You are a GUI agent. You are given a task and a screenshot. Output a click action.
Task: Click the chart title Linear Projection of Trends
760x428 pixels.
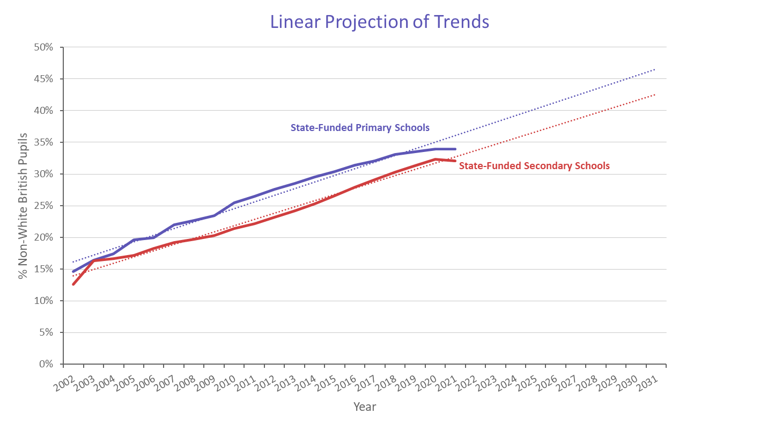pos(379,22)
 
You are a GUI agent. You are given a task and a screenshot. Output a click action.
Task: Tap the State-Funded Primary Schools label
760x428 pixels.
pos(360,128)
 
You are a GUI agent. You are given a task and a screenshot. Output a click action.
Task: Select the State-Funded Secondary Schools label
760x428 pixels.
pos(534,166)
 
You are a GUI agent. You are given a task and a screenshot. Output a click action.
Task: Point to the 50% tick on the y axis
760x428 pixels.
pos(42,47)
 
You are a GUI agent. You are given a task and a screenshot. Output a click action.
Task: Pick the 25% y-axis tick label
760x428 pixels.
pos(42,206)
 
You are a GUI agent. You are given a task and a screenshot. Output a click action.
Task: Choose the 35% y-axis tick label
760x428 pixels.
pos(42,142)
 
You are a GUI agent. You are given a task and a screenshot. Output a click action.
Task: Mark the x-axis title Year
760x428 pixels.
pos(365,407)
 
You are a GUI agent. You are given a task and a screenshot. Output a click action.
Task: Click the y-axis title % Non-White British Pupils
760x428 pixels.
pos(23,205)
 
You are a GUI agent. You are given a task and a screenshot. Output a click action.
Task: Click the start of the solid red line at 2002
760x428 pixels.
pos(73,284)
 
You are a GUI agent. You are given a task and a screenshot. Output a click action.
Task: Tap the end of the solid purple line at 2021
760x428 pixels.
pos(455,149)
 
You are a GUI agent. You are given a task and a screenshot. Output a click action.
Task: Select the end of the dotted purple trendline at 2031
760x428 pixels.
pos(655,69)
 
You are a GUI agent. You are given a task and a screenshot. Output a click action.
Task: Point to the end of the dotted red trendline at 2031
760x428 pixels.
pos(655,95)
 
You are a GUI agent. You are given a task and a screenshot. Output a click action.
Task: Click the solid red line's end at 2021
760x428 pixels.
pos(455,161)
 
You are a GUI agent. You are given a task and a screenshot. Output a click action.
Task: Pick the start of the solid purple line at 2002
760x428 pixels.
pos(73,272)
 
